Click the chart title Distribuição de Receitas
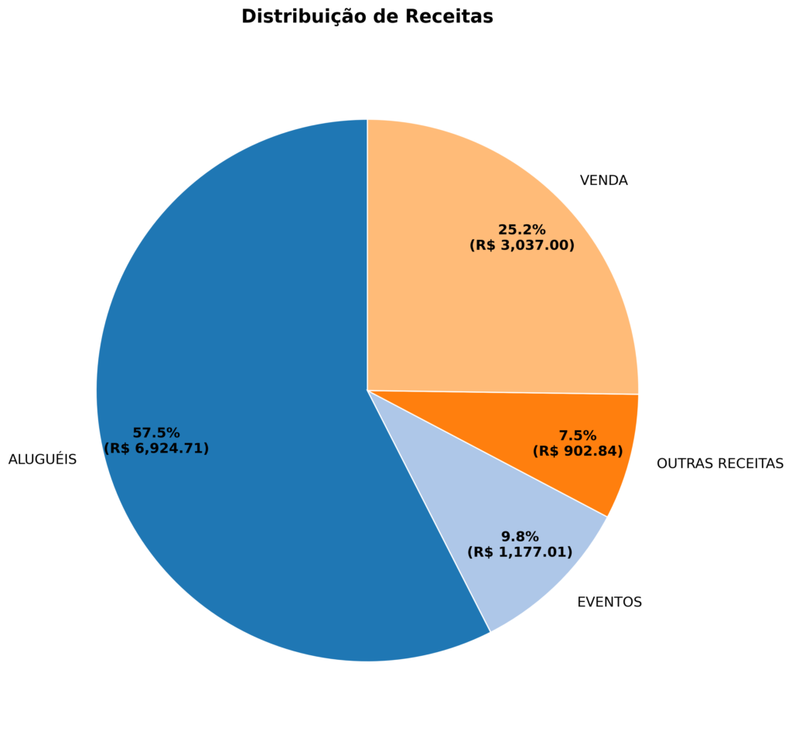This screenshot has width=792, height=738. click(x=367, y=16)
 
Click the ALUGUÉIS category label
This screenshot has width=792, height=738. click(x=43, y=460)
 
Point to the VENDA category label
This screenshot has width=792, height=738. click(x=603, y=181)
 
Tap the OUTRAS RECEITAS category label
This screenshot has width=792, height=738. click(x=719, y=463)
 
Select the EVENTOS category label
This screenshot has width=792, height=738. click(x=609, y=602)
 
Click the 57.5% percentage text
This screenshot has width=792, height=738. click(x=156, y=433)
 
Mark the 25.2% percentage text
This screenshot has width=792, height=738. click(x=522, y=230)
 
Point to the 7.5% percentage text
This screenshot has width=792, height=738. click(x=578, y=436)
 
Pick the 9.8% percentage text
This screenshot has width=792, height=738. click(x=520, y=537)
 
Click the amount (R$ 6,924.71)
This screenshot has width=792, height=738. click(x=156, y=449)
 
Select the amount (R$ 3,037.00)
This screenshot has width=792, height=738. click(x=522, y=246)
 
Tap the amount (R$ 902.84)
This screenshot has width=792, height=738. click(x=578, y=451)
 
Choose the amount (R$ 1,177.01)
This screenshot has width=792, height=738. click(x=520, y=552)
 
